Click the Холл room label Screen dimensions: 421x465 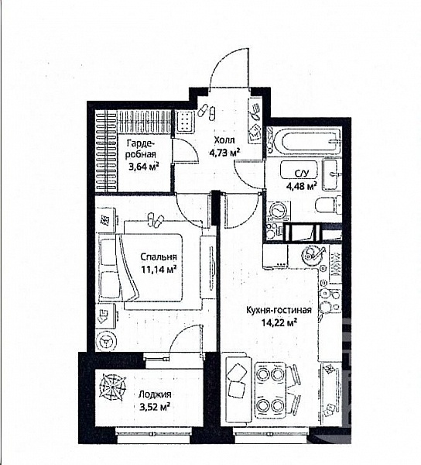pyautogui.click(x=224, y=140)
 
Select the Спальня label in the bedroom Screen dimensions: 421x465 pyautogui.click(x=159, y=257)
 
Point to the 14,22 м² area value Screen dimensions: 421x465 pyautogui.click(x=279, y=322)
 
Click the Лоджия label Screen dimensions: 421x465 pyautogui.click(x=155, y=394)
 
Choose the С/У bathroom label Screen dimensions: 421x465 pyautogui.click(x=302, y=174)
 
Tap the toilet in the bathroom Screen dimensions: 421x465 pyautogui.click(x=328, y=205)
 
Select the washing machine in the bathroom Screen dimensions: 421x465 pyautogui.click(x=279, y=211)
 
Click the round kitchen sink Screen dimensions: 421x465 pyautogui.click(x=310, y=254)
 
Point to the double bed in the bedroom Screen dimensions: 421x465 pyautogui.click(x=141, y=268)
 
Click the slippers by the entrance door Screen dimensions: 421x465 pyautogui.click(x=207, y=112)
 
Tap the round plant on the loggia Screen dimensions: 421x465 pyautogui.click(x=112, y=387)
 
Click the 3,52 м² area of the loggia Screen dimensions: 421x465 pyautogui.click(x=154, y=407)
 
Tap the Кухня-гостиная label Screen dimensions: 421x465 pyautogui.click(x=279, y=311)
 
